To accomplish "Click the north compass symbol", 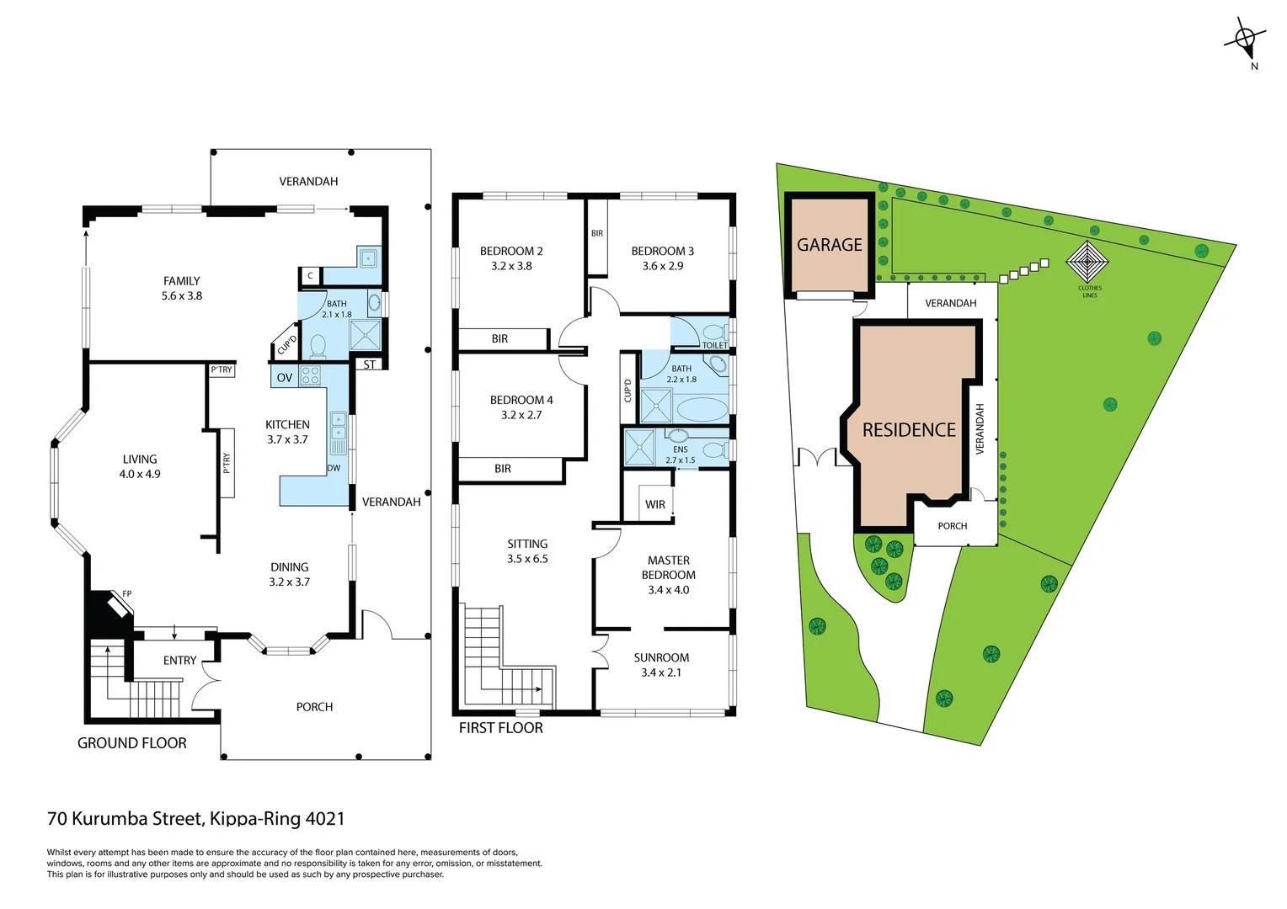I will coord(1244,40).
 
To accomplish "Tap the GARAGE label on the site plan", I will coord(829,245).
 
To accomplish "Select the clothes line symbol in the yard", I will coord(1087,263).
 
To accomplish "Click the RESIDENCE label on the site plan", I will coord(909,430).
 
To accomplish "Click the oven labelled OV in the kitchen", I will coord(285,378).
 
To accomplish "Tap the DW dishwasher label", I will coord(334,468).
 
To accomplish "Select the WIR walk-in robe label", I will coord(655,505).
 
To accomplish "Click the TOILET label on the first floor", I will coord(714,345).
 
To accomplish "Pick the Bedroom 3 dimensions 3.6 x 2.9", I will coord(663,266).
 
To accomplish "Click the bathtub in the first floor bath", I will coord(702,410).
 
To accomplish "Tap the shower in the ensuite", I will coord(639,447).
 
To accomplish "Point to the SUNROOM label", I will coord(661,657).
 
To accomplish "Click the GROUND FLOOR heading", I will coord(132,743).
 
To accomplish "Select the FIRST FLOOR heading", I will coord(500,728).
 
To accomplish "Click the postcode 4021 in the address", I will coord(324,818).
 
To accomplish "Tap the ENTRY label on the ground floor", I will coord(179,661).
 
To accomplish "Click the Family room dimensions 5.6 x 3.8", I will coord(182,296).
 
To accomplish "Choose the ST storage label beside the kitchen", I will coord(370,364).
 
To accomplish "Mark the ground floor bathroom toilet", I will coord(318,345).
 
